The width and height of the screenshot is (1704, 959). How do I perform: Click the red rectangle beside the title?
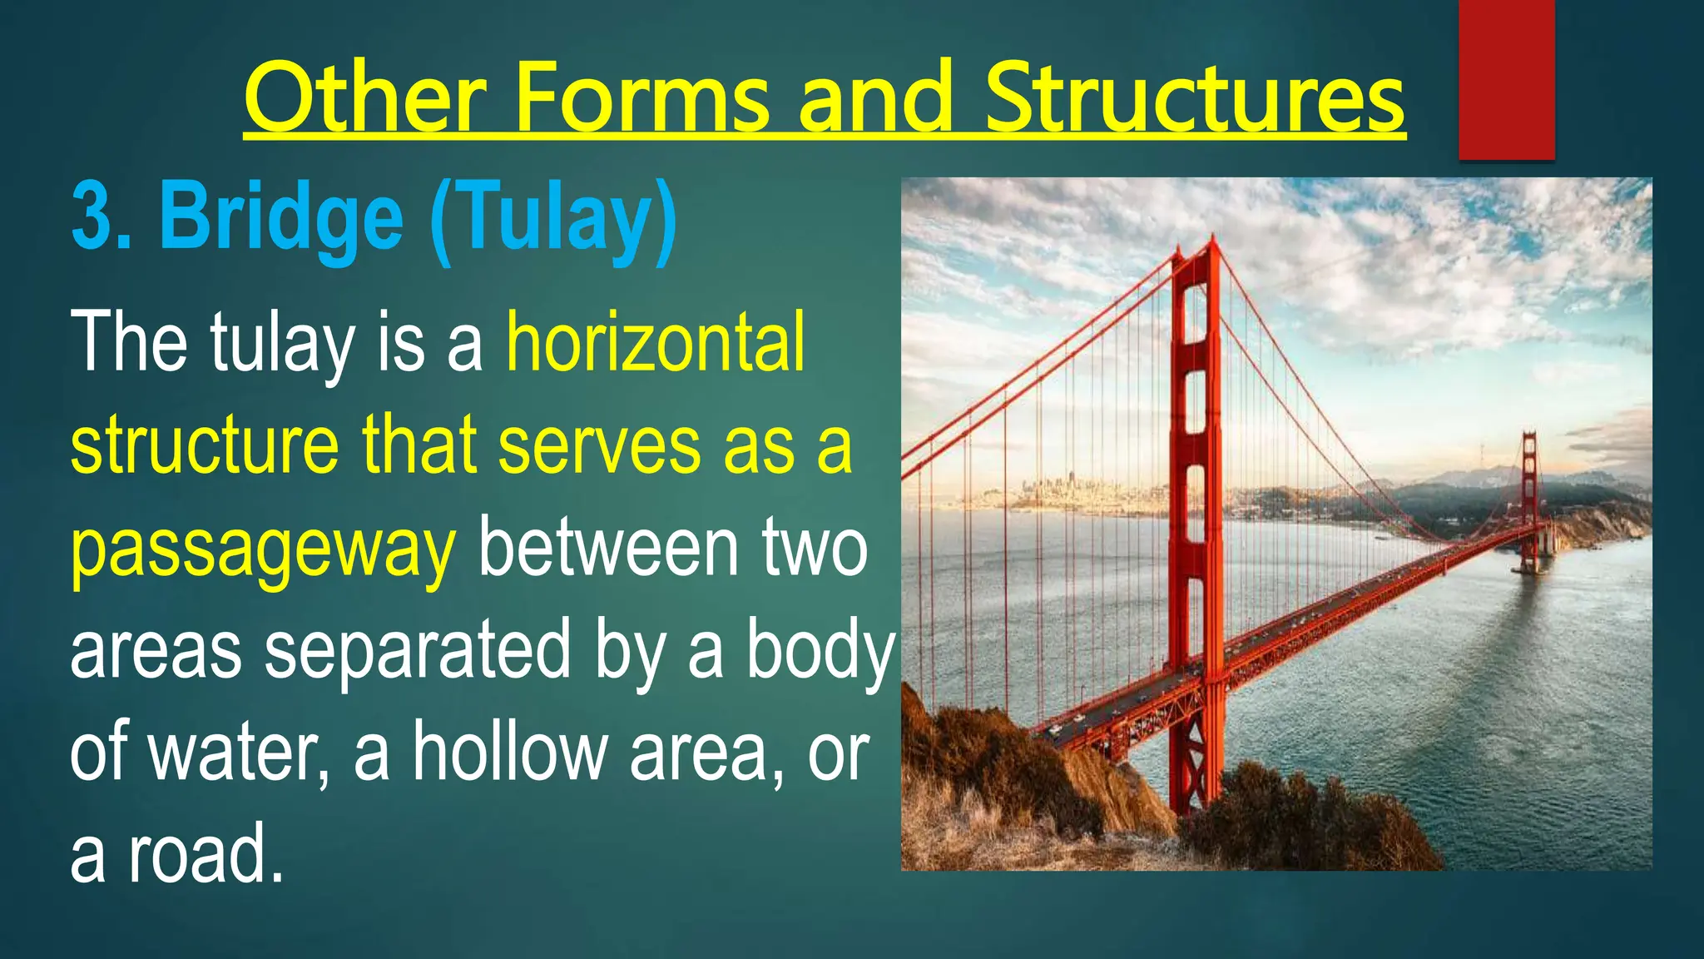pos(1506,79)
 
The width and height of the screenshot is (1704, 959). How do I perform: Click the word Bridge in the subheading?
pos(281,218)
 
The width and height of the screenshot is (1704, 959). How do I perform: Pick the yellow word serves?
pos(599,446)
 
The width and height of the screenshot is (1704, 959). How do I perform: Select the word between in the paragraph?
pos(608,549)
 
